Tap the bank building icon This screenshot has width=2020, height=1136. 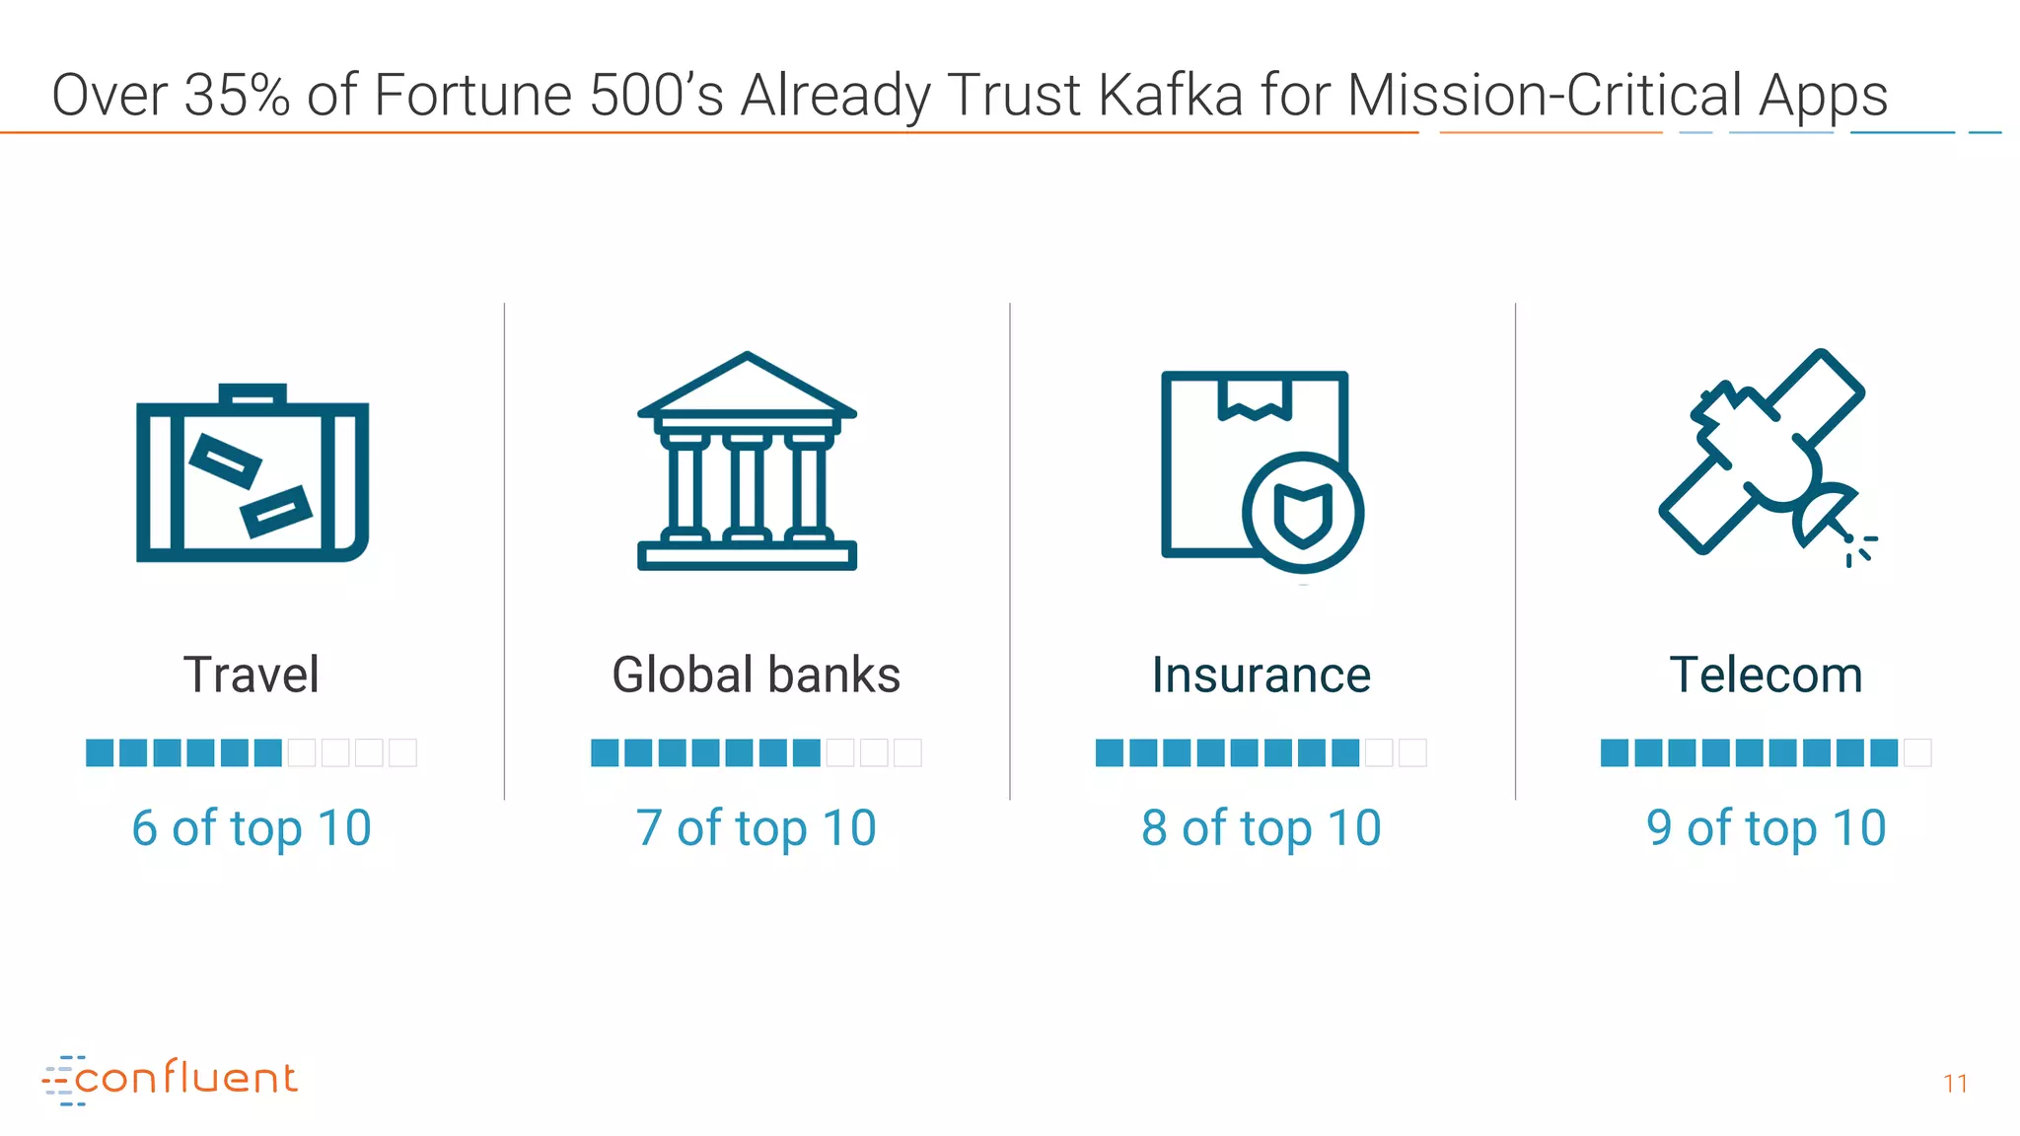pyautogui.click(x=747, y=463)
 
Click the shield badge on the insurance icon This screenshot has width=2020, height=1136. pyautogui.click(x=1303, y=513)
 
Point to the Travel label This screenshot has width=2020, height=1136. pyautogui.click(x=252, y=675)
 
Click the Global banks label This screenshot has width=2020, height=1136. pyautogui.click(x=756, y=675)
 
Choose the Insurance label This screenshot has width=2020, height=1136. pyautogui.click(x=1262, y=675)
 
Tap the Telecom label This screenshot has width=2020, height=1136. pyautogui.click(x=1766, y=675)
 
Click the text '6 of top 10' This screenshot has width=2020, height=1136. pyautogui.click(x=252, y=828)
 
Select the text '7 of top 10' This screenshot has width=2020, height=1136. pyautogui.click(x=756, y=828)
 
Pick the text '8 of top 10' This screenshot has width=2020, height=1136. pyautogui.click(x=1262, y=828)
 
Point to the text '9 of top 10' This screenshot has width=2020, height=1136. pyautogui.click(x=1766, y=828)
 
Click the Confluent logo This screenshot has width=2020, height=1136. pyautogui.click(x=170, y=1079)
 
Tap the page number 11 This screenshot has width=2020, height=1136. pyautogui.click(x=1955, y=1084)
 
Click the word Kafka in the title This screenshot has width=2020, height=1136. pyautogui.click(x=1170, y=96)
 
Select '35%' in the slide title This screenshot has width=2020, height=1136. pyautogui.click(x=237, y=96)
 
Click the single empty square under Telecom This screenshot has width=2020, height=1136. pyautogui.click(x=1917, y=753)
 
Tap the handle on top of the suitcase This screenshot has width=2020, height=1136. pyautogui.click(x=252, y=393)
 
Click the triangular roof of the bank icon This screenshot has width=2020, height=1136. pyautogui.click(x=747, y=387)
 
